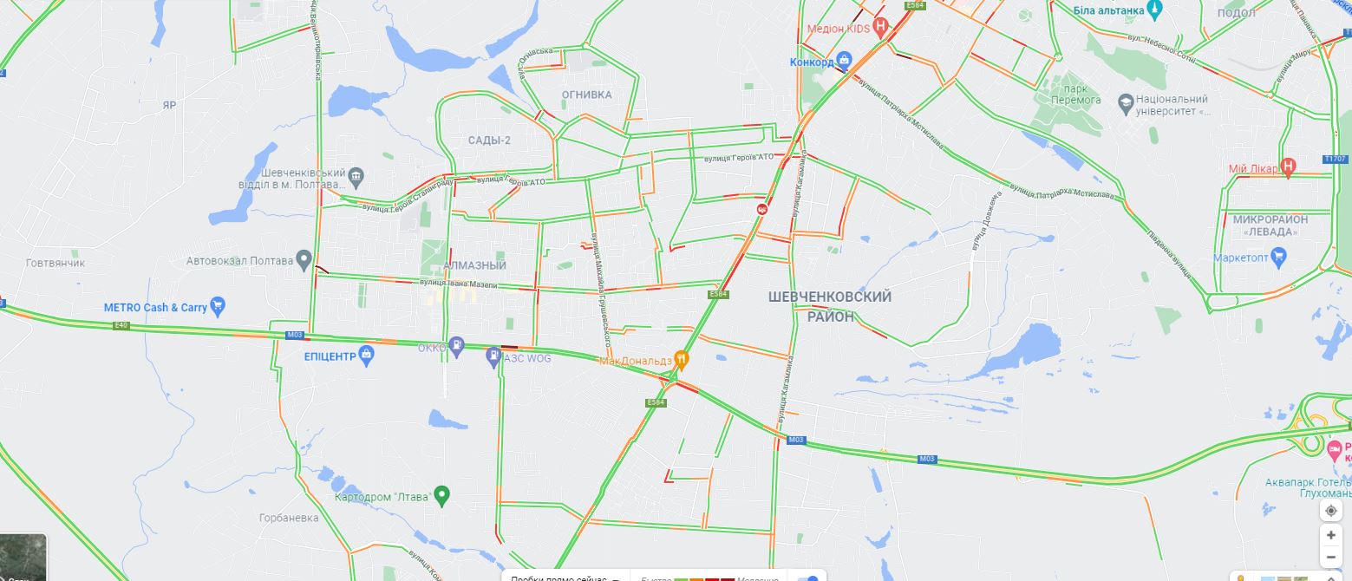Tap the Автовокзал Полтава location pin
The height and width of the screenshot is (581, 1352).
pos(304,258)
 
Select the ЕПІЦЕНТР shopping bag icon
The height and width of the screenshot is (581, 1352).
pos(368,355)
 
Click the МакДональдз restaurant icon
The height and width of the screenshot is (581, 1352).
pos(683,357)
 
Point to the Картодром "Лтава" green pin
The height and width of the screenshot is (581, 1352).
pos(441,495)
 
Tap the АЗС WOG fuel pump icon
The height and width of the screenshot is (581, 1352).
pos(493,355)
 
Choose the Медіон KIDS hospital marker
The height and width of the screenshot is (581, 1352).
pos(881,26)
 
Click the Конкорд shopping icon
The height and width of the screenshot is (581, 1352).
pos(846,61)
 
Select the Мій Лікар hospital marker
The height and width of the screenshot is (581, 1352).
pos(1289,166)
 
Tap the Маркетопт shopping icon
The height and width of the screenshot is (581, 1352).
pos(1278,257)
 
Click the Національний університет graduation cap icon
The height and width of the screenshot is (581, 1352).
pos(1127,101)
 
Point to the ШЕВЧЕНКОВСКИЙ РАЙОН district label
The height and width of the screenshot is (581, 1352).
pos(830,307)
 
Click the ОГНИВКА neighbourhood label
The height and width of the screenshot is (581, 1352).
pos(586,95)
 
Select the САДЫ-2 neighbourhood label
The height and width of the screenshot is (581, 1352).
pos(489,140)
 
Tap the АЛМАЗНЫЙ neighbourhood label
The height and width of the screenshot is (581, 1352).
pos(474,265)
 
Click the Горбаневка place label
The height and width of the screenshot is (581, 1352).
pos(289,518)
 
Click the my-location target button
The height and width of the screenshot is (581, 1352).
pos(1331,510)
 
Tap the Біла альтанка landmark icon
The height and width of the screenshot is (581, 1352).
pos(1154,10)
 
